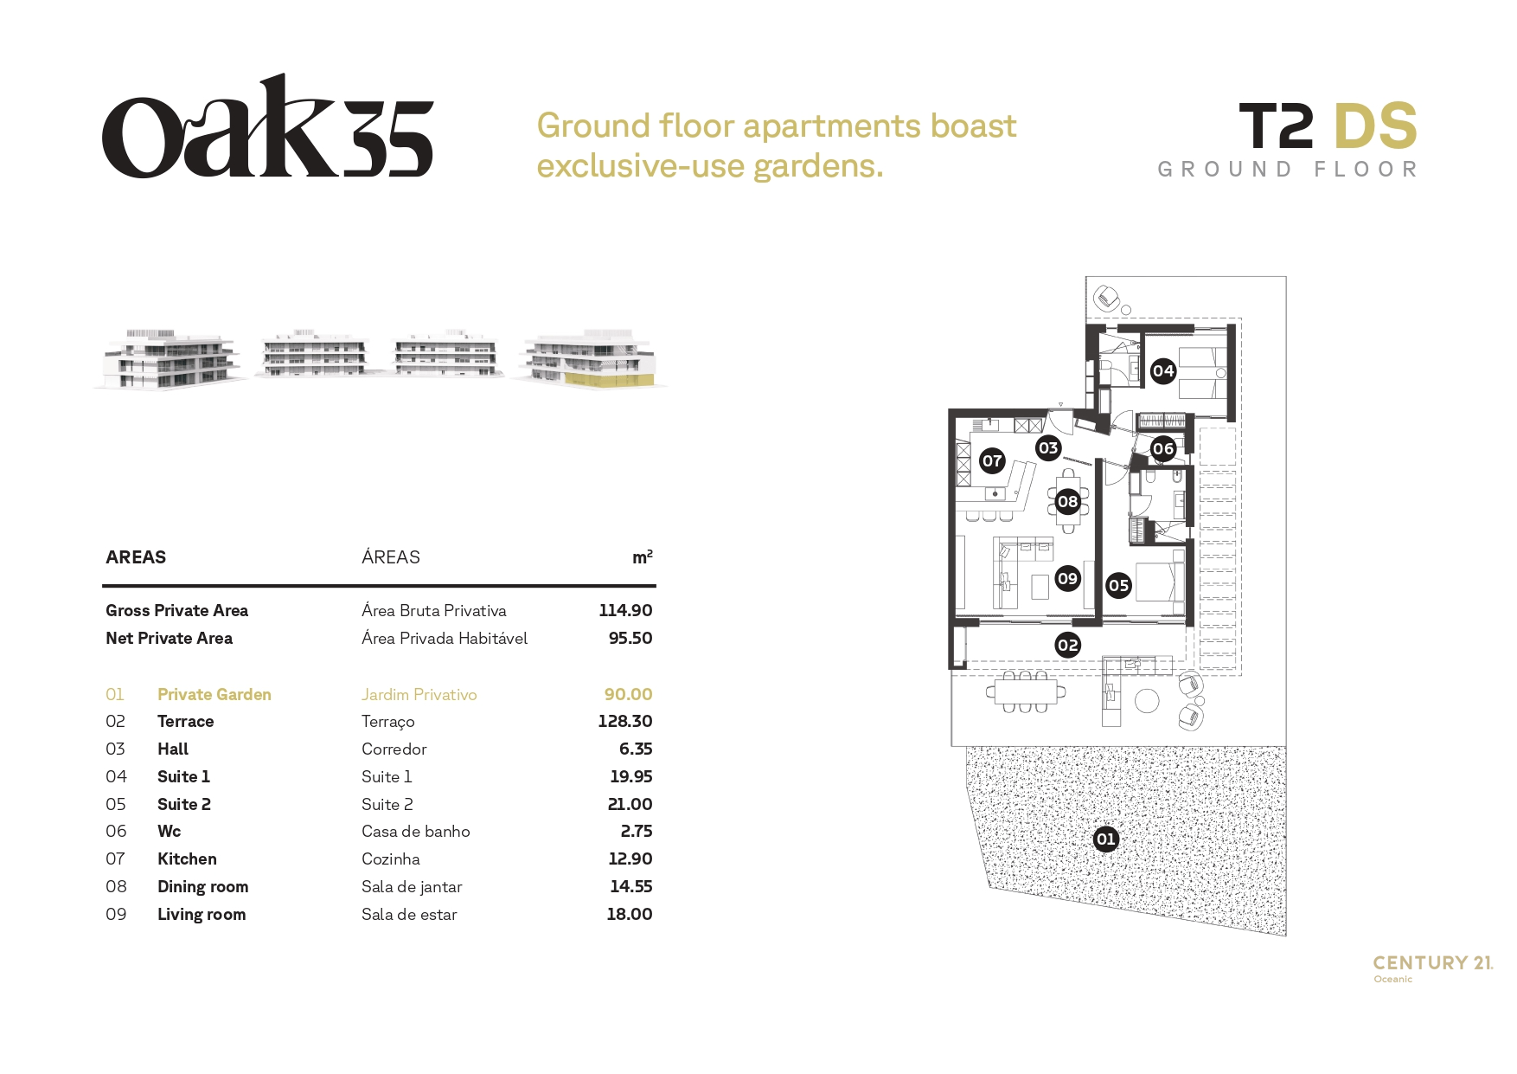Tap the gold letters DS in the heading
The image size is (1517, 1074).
pos(1375,126)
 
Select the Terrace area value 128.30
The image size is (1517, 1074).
pos(625,721)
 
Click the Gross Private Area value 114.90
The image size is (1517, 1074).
pos(625,610)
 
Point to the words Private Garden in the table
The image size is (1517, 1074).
pos(214,694)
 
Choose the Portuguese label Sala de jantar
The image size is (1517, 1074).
pos(412,887)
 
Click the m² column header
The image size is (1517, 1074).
pos(643,557)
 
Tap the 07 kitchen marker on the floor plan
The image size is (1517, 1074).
pos(992,460)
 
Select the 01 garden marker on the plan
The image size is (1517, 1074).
pos(1106,839)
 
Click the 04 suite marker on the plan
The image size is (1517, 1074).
pos(1163,371)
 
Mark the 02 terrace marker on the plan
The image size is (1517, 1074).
pos(1068,645)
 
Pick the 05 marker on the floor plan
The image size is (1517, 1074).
pos(1118,586)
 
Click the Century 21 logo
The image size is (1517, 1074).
pos(1433,968)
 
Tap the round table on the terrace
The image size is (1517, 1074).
pos(1147,700)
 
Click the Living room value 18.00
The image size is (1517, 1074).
pos(630,914)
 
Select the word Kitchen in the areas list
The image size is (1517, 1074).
pos(187,859)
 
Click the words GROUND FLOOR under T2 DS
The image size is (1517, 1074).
pos(1288,170)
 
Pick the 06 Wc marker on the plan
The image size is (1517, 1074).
pos(1163,448)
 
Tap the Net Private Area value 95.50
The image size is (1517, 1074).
pos(630,638)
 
